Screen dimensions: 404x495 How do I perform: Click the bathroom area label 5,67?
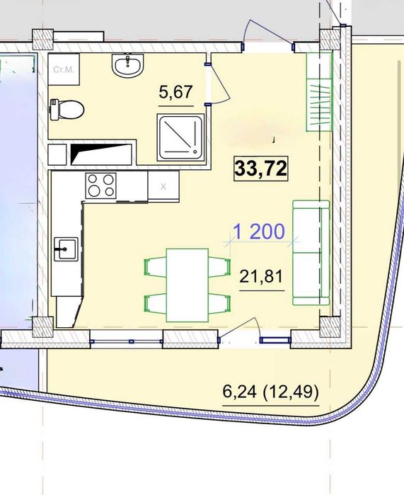[175, 92]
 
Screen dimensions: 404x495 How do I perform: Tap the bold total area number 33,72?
[261, 169]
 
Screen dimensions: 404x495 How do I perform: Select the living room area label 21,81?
[261, 277]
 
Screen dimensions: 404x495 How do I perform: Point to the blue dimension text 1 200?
[259, 232]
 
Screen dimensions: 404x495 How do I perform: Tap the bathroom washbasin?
[128, 65]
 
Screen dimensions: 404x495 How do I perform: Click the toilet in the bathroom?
[67, 110]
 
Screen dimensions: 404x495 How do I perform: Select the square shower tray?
[181, 137]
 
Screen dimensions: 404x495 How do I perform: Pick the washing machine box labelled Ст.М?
[64, 69]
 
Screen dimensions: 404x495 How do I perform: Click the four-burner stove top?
[101, 186]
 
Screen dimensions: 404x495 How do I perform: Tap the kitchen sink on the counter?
[66, 249]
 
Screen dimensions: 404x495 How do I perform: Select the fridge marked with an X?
[163, 186]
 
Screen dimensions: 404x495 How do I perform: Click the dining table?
[187, 285]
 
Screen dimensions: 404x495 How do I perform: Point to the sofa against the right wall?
[311, 253]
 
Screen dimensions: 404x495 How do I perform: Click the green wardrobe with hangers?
[319, 91]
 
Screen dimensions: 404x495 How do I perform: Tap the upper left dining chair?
[156, 267]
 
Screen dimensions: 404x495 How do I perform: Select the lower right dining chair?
[219, 303]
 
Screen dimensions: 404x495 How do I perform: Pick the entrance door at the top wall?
[268, 35]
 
